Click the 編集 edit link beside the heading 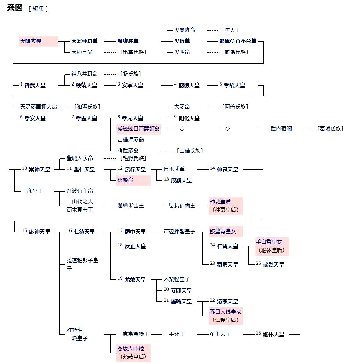point(38,9)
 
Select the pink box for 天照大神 point(38,41)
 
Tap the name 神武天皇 point(35,85)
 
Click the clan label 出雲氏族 point(133,52)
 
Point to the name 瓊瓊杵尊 point(128,41)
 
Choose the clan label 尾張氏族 point(235,52)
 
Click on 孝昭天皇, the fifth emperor point(234,85)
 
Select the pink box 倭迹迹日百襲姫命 point(139,128)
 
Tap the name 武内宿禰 point(282,129)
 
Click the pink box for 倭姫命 point(133,180)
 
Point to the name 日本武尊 point(174,169)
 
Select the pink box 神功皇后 point(225,206)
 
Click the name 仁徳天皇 point(84,232)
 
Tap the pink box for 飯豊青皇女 point(225,232)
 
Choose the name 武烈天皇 point(274,264)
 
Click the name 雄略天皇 point(181,301)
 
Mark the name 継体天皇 point(274,334)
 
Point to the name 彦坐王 point(35,191)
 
